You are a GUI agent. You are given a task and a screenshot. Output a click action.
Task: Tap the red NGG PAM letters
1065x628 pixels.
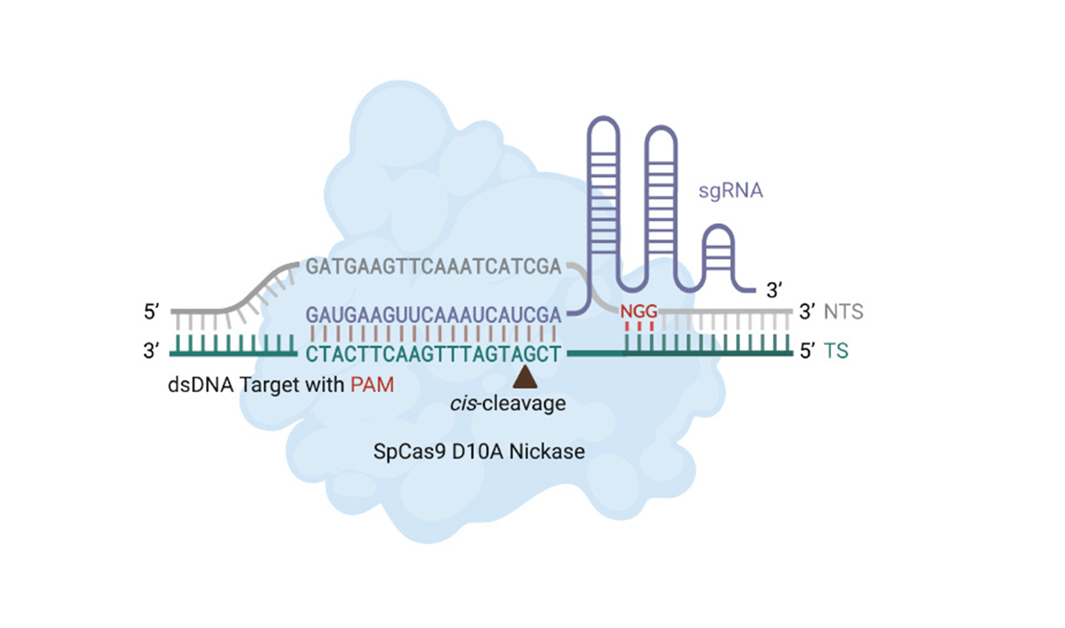click(638, 312)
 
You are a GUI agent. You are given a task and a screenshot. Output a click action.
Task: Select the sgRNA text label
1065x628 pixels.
click(730, 191)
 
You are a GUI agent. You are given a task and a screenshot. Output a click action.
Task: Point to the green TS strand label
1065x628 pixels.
click(836, 351)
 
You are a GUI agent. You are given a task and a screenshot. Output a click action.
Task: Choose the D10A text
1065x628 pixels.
click(477, 452)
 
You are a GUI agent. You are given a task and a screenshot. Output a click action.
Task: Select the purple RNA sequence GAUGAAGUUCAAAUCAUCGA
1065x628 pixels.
click(433, 315)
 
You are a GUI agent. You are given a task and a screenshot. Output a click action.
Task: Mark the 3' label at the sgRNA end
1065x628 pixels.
click(774, 291)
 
